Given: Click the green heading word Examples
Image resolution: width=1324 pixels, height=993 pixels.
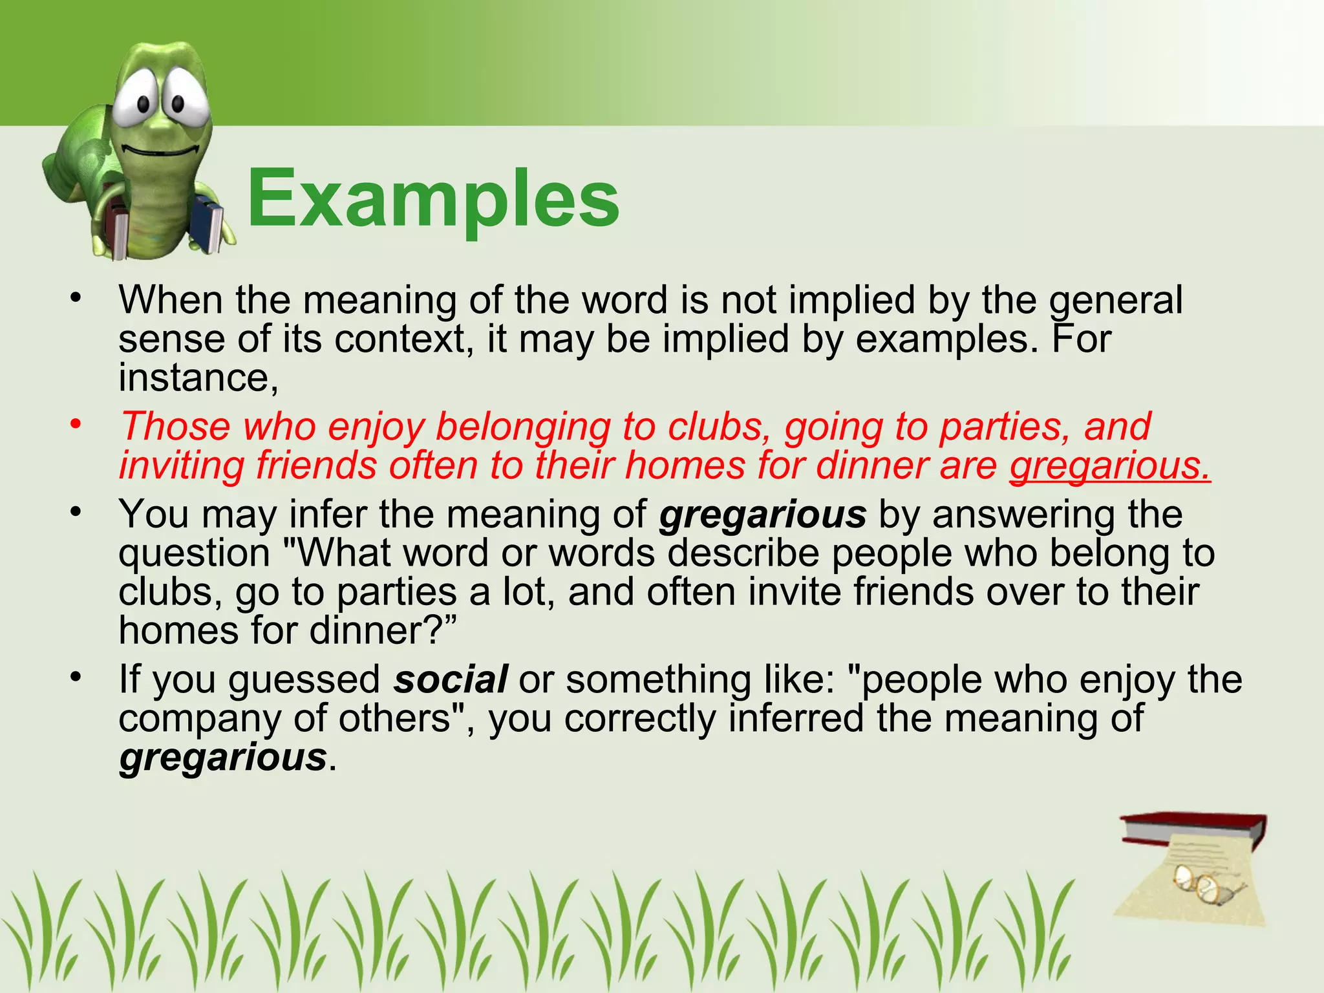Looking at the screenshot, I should point(432,198).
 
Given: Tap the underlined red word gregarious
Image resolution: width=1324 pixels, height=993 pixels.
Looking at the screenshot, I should point(1109,466).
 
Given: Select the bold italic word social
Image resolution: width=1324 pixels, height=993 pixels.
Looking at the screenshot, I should point(451,680).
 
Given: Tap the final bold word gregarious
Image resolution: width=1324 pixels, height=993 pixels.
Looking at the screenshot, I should point(222,757).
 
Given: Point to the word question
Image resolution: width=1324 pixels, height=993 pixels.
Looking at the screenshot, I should point(194,554).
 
